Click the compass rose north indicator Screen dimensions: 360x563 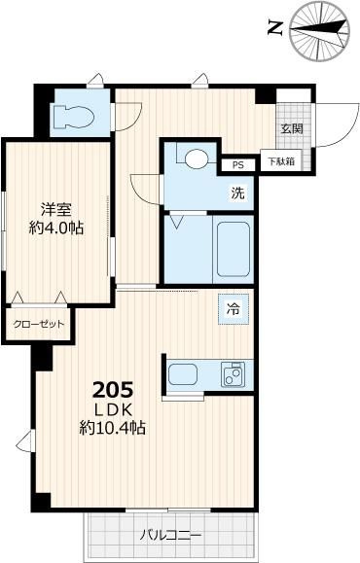[319, 30]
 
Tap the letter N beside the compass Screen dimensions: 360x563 [275, 28]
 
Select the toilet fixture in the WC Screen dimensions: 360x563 [73, 117]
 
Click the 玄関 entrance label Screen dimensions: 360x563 [292, 128]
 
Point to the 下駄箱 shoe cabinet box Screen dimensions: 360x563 [282, 161]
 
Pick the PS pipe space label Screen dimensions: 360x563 [237, 165]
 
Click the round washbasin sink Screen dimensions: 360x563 [197, 158]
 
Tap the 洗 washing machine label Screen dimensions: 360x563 [237, 194]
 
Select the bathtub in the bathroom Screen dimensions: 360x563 [234, 249]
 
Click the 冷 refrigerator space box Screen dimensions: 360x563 [234, 309]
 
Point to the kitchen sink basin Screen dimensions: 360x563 [183, 374]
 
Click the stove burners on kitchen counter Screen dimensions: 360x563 [233, 374]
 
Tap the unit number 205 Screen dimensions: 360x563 [113, 390]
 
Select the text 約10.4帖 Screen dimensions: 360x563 [113, 427]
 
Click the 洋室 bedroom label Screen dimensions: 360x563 [55, 209]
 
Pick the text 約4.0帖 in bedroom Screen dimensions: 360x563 [56, 228]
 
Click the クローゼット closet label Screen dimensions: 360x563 [39, 324]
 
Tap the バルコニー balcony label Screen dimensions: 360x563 [170, 536]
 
